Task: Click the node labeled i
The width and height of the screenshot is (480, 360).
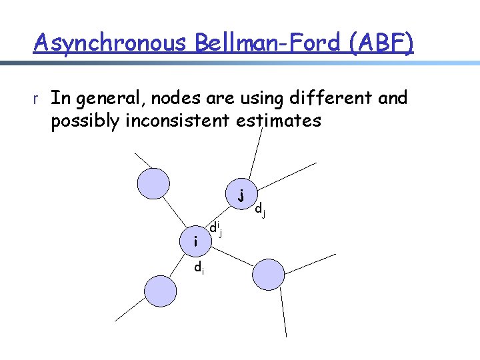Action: point(195,241)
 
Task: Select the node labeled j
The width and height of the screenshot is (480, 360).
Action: point(240,195)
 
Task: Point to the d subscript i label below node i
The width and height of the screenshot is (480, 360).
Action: point(199,268)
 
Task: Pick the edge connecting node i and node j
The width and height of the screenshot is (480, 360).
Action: point(218,218)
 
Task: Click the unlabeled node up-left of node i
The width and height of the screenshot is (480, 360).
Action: point(153,182)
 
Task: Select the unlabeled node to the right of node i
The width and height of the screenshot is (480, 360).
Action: point(268,274)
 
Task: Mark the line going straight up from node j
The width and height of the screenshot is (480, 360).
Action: point(255,153)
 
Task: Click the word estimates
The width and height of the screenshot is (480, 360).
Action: point(283,122)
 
